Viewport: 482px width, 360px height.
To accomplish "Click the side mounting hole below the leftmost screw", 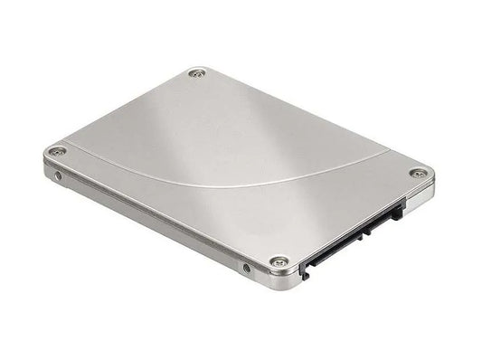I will (59, 175).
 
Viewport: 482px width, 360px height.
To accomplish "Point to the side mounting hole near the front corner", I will (246, 268).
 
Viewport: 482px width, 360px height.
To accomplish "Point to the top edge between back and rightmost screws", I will (307, 121).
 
